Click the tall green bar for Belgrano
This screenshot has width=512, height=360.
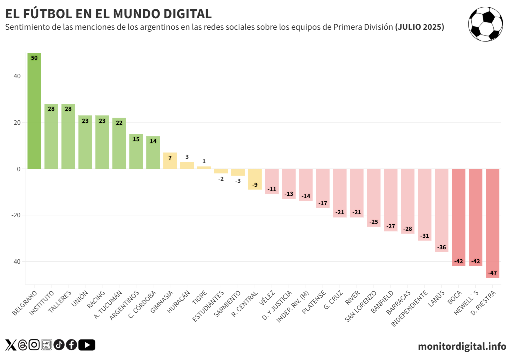[34, 111]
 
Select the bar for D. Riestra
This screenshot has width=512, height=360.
[492, 223]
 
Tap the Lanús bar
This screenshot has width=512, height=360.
[441, 210]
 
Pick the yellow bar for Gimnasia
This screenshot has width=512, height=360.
[170, 161]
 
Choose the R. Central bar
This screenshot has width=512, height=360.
[255, 179]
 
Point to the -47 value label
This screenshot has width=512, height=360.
[492, 273]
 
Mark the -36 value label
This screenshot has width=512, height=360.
[441, 247]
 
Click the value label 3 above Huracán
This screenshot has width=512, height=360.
[187, 157]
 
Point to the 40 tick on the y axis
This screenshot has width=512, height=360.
[17, 76]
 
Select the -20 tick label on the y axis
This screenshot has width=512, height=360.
[15, 215]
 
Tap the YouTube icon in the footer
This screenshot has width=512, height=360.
[87, 345]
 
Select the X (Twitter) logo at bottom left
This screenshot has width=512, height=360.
[11, 345]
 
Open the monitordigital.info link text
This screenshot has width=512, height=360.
[462, 346]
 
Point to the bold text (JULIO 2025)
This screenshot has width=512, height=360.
[419, 27]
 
